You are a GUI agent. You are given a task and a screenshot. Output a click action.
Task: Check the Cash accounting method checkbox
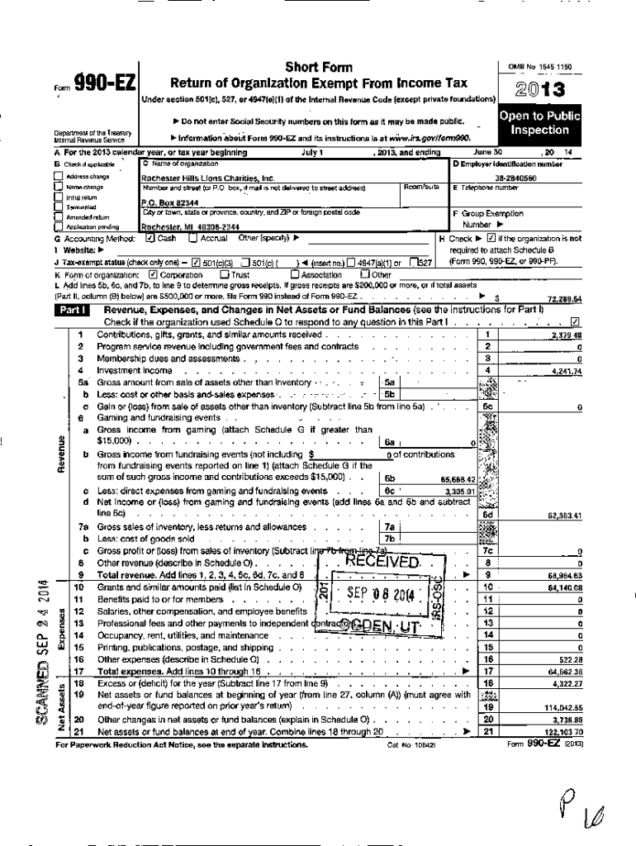150,238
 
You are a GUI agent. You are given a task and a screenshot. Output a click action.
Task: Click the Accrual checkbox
193,238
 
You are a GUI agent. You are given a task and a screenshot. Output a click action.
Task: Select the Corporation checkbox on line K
153,274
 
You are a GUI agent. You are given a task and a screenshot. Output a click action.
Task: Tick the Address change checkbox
59,177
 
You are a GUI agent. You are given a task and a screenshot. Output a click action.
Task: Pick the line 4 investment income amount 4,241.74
565,371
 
